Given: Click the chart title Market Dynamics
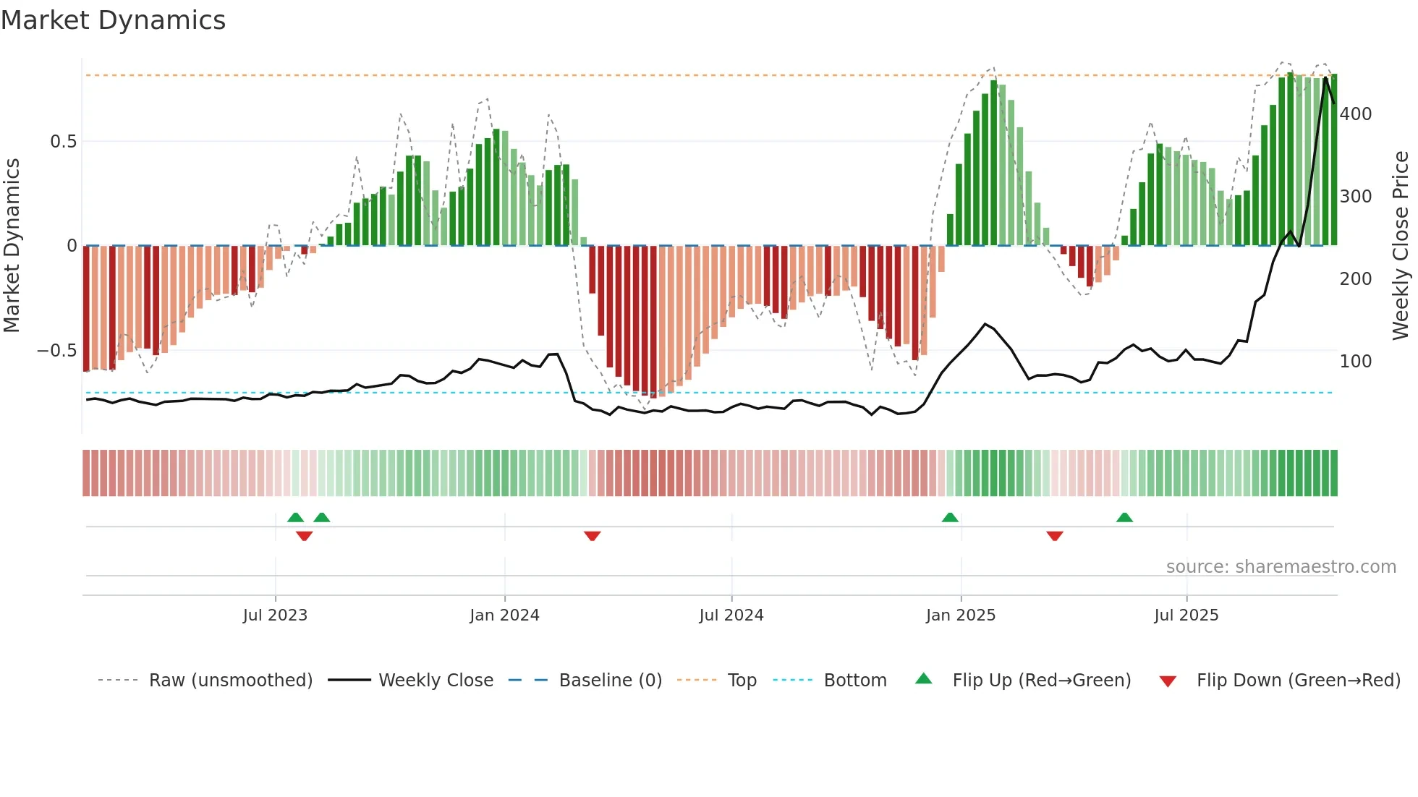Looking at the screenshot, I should pos(113,20).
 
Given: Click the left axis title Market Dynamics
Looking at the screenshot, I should pos(12,245).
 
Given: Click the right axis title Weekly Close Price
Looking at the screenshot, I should pos(1401,245).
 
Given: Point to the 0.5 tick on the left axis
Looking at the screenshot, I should pos(63,142).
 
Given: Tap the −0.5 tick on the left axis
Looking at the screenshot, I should pos(57,351).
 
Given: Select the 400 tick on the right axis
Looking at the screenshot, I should pos(1355,114).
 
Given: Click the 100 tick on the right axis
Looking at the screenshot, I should pos(1355,362).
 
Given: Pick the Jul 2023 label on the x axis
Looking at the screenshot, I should pos(275,615).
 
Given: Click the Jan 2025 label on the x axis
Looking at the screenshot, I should pos(960,615).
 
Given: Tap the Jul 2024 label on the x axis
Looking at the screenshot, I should pos(731,615).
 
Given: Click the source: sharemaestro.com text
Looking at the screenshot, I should pos(1281,567).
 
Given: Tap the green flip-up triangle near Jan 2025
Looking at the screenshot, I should pos(950,518).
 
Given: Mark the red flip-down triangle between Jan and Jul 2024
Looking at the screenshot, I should pos(592,536).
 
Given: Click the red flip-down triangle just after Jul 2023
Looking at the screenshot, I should pos(304,536).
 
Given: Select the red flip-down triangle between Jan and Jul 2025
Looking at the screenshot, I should pos(1054,536).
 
